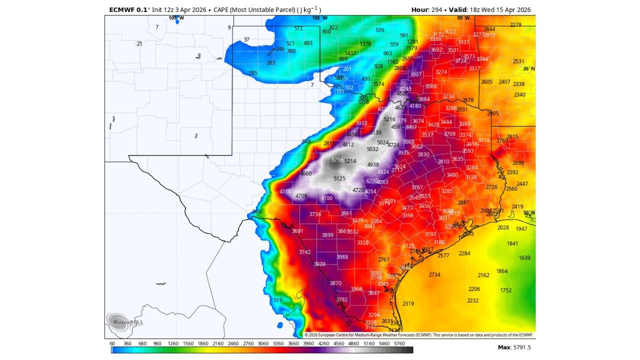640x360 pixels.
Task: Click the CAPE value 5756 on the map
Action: [x=337, y=160]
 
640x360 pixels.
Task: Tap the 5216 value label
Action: [x=389, y=119]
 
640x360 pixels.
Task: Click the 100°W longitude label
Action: [x=319, y=18]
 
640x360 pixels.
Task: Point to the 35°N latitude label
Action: [x=528, y=68]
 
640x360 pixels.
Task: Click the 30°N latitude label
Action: [x=528, y=212]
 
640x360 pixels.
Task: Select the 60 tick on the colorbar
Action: [x=112, y=344]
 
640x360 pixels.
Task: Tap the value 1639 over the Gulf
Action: [x=524, y=258]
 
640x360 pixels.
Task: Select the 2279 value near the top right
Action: [x=515, y=25]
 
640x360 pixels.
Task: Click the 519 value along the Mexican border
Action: [x=278, y=300]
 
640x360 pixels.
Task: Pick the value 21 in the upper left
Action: [x=139, y=44]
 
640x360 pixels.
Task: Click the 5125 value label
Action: [x=339, y=178]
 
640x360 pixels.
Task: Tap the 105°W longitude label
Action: [x=176, y=18]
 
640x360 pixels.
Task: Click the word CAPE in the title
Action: [x=221, y=9]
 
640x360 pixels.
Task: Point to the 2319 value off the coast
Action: [x=408, y=303]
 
